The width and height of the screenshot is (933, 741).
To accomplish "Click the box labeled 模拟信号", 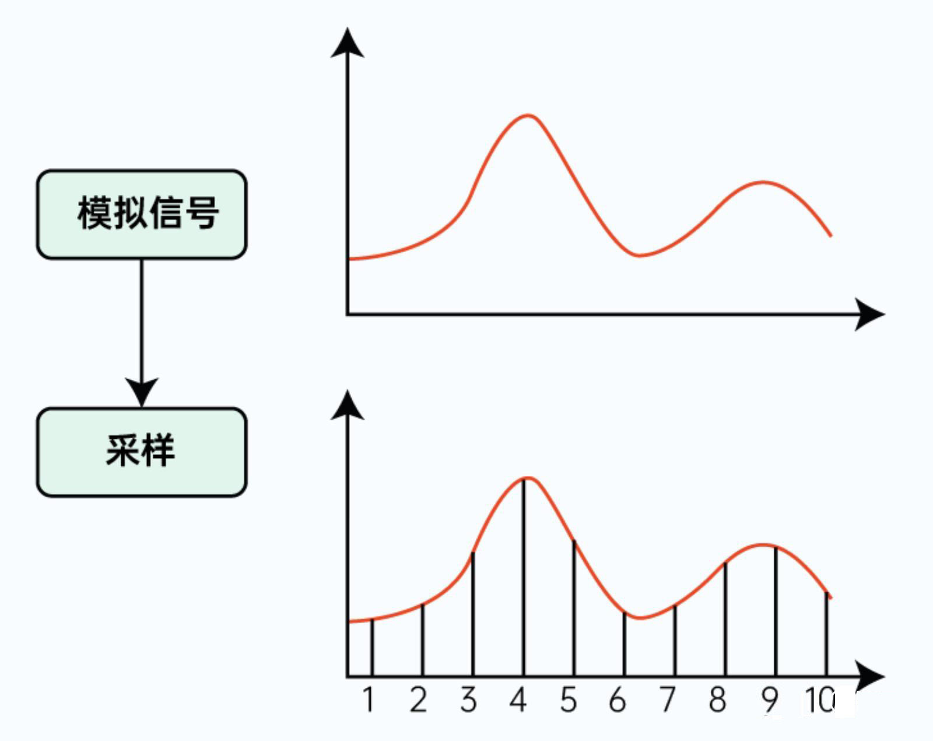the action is pos(142,214).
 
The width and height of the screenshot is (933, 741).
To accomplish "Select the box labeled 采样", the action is pos(142,452).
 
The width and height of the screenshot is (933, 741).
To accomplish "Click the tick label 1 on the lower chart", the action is pos(368,700).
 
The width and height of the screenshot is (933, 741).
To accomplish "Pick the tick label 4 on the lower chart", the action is pos(518,700).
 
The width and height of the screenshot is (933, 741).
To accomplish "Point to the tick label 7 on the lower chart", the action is pos(668,700).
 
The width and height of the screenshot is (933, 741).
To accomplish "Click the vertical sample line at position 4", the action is pos(524,578).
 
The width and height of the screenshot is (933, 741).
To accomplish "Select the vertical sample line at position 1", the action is pos(372,648).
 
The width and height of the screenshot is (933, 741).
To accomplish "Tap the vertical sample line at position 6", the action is pos(625,645).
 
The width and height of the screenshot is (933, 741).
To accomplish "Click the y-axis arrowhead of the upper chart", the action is pos(348,44).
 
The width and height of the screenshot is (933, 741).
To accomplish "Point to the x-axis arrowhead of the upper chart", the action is pos(870,314).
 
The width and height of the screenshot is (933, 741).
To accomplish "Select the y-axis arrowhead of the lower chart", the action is pos(348,406).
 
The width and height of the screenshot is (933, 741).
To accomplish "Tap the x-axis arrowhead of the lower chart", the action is pos(870,677).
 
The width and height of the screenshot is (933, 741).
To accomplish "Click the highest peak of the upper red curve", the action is pos(528,116).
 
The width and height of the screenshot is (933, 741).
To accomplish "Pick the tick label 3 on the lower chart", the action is pos(468,700).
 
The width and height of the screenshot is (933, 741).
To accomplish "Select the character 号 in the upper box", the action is pos(202,213).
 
